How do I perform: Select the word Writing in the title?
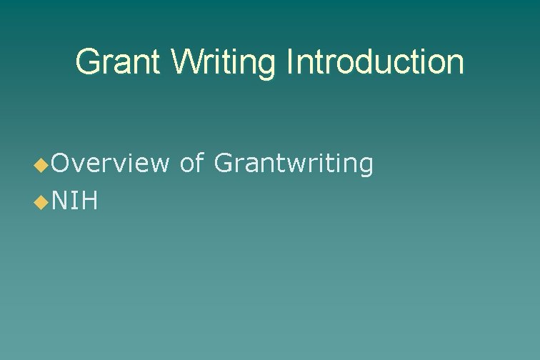(224, 62)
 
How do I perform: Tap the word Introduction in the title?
(374, 62)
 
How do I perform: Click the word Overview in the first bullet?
(110, 164)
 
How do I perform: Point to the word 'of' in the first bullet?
(192, 164)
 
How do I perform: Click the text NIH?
(75, 202)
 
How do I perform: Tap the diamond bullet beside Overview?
(41, 166)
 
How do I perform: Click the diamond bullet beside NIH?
(41, 204)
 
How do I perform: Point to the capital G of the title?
(87, 62)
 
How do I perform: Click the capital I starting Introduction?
(289, 62)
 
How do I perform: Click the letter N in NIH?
(59, 202)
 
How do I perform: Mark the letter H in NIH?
(90, 202)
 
